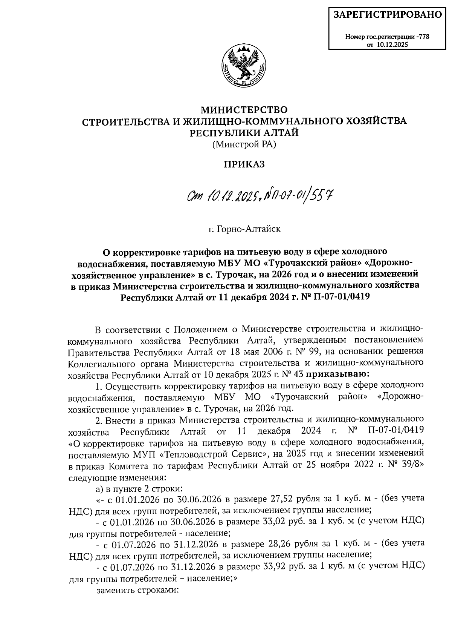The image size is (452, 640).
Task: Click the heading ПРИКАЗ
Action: [x=244, y=164]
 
